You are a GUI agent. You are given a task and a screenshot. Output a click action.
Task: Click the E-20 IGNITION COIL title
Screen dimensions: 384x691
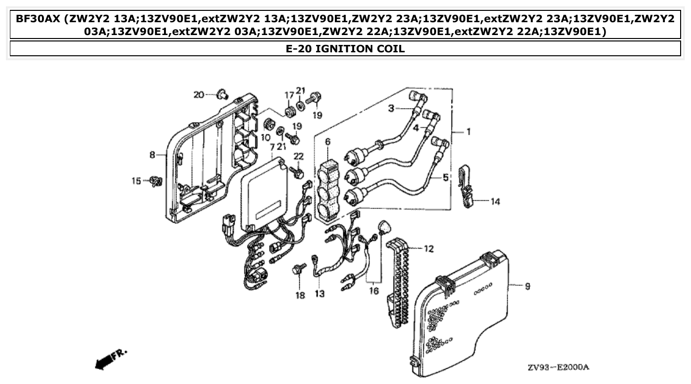click(x=345, y=48)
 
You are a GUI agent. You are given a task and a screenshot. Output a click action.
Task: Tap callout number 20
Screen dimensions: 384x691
click(x=199, y=94)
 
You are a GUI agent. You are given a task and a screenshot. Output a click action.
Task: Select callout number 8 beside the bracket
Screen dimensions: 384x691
click(x=153, y=155)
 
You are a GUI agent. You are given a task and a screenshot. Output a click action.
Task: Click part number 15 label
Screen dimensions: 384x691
click(x=136, y=181)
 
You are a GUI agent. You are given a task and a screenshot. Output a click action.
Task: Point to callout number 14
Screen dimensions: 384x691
click(x=495, y=201)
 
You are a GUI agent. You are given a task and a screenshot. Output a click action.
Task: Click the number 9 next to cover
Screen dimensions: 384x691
click(x=528, y=286)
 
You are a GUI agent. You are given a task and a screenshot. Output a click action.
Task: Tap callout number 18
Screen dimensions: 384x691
click(x=300, y=296)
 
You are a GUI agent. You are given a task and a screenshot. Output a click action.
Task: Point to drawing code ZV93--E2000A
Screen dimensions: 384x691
click(x=558, y=368)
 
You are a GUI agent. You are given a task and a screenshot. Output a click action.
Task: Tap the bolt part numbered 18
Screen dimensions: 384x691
click(x=298, y=269)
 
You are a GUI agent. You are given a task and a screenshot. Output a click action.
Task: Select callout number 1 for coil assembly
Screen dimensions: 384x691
click(x=468, y=132)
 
